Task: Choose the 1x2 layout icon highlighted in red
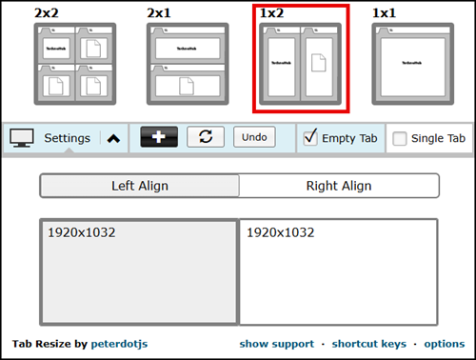click(301, 64)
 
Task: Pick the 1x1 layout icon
click(411, 64)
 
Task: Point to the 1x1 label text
click(386, 13)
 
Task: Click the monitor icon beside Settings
click(22, 138)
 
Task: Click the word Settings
click(67, 138)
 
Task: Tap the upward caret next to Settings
click(113, 138)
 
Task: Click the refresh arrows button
click(206, 137)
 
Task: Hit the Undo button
click(254, 137)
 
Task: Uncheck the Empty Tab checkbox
click(310, 138)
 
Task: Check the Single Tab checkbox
click(400, 138)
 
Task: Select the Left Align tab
click(139, 186)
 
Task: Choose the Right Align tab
click(339, 186)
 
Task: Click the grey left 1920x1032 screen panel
click(138, 273)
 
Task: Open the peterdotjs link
click(120, 344)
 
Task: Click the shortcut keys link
click(368, 344)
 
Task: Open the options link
click(444, 344)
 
